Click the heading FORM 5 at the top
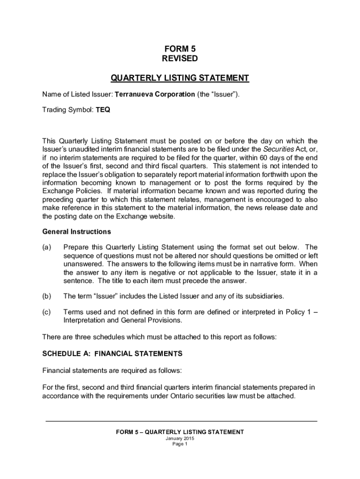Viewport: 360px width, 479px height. click(180, 49)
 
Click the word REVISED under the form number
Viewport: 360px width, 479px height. click(180, 58)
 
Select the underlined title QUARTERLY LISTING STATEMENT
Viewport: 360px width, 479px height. click(180, 78)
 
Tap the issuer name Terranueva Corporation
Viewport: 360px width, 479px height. click(155, 94)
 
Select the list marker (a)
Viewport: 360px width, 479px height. click(47, 247)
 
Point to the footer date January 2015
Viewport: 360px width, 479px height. click(180, 438)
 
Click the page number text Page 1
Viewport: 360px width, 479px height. click(180, 444)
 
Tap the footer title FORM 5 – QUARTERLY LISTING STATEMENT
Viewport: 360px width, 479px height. click(180, 432)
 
